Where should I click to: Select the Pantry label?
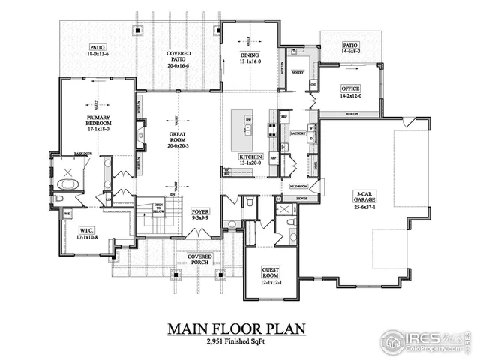296,73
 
